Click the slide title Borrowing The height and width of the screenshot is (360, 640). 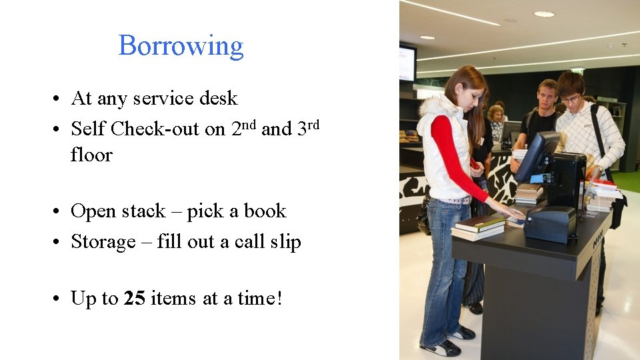point(181,46)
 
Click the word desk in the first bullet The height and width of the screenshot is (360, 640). point(221,99)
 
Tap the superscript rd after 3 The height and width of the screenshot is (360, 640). point(313,123)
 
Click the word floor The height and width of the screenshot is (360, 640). point(91,155)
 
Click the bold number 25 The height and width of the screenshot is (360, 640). point(135,299)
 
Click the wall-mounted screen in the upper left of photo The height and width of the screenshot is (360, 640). point(407,63)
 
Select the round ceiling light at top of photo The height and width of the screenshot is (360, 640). point(544,13)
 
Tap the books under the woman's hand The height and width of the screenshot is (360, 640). point(479,227)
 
